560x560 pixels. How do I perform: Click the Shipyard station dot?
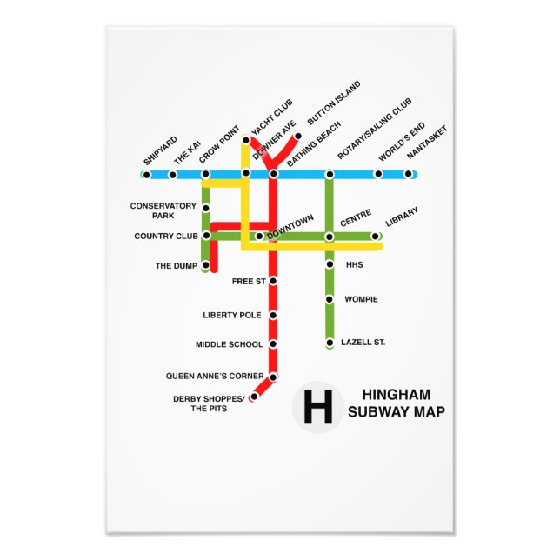click(146, 175)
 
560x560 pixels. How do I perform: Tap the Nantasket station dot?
click(408, 174)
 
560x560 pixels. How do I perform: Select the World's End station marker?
click(377, 174)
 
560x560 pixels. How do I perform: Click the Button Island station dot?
click(297, 136)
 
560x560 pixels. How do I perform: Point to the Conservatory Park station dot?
click(205, 208)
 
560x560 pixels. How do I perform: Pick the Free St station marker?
click(273, 281)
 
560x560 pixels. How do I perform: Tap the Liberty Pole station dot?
click(273, 315)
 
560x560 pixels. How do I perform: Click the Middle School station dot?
click(273, 344)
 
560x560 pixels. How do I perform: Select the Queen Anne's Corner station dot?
click(273, 377)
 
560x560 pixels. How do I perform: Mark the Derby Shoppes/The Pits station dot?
click(254, 397)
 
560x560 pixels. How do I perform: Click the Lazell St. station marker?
click(330, 343)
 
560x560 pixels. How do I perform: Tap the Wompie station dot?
click(330, 299)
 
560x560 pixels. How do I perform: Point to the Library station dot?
click(376, 236)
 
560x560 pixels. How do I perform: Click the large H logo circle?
click(318, 406)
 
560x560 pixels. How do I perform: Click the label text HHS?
click(354, 264)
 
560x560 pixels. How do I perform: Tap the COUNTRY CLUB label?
click(166, 237)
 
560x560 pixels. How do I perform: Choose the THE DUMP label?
click(177, 266)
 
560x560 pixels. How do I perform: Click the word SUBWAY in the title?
click(377, 412)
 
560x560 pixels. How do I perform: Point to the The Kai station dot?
click(172, 175)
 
